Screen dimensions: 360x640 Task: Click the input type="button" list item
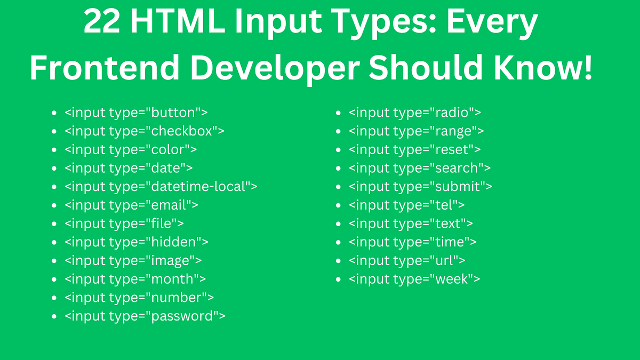click(136, 113)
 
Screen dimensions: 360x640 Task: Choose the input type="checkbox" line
click(144, 131)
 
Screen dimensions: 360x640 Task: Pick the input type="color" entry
click(131, 149)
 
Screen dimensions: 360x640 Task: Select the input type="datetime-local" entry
click(161, 187)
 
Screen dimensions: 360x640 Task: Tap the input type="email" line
click(131, 205)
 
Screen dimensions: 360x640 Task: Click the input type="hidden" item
click(136, 242)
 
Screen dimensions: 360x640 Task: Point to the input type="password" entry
click(145, 316)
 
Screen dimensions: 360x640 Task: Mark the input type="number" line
click(139, 298)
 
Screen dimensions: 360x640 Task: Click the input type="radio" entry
click(415, 113)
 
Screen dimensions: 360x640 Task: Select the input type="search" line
click(420, 168)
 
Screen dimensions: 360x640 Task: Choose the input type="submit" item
click(420, 187)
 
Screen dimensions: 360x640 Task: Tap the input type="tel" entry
click(406, 205)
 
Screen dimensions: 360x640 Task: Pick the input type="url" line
click(407, 261)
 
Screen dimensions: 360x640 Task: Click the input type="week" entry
click(414, 279)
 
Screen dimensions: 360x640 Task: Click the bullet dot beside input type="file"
click(54, 224)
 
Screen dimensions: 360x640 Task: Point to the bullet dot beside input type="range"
click(338, 132)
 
